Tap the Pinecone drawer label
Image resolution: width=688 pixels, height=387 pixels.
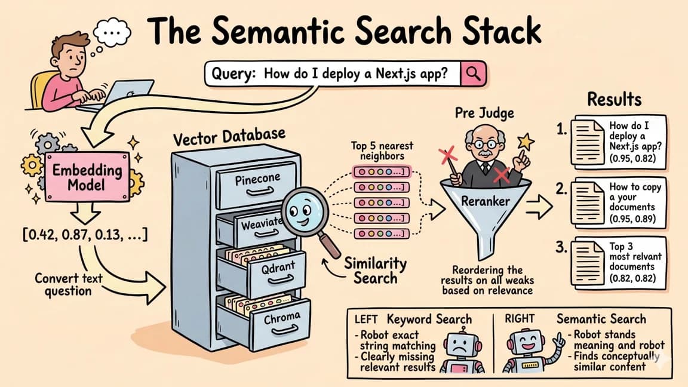pos(257,179)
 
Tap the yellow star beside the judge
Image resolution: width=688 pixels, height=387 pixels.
pos(525,142)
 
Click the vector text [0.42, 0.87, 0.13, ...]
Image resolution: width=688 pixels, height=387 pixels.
pos(85,235)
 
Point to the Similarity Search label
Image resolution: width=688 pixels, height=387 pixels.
pos(376,270)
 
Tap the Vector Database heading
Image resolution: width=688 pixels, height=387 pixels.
pos(229,136)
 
